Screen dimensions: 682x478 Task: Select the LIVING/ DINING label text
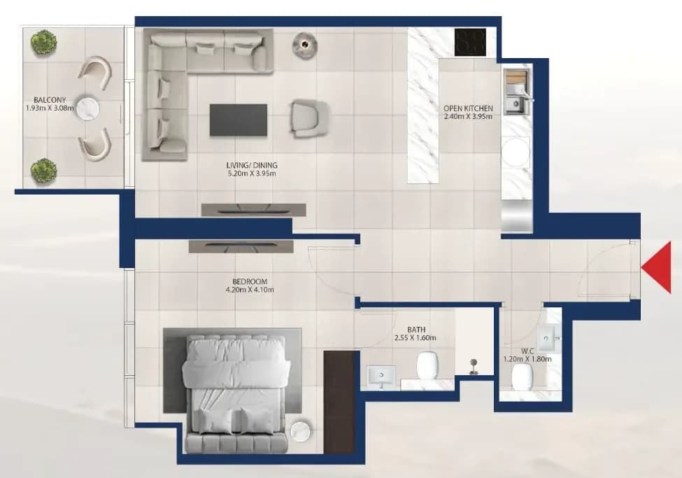[252, 165]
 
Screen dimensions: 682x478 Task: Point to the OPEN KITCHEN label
[468, 108]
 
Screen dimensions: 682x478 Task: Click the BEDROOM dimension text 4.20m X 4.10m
[247, 290]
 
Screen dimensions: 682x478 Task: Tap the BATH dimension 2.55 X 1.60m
[415, 338]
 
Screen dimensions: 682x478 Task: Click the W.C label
[527, 351]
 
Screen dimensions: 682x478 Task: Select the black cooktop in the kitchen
[470, 42]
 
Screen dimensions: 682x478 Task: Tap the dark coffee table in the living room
[239, 120]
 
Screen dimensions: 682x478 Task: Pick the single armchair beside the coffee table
[309, 119]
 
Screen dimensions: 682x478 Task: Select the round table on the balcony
[88, 108]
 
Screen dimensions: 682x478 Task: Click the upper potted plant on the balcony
[43, 42]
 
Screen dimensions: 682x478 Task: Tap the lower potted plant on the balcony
[43, 171]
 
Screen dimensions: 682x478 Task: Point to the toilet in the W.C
[523, 377]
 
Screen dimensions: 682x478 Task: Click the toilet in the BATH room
[427, 365]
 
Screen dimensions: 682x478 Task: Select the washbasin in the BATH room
[382, 376]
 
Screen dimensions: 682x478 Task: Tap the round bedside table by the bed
[301, 431]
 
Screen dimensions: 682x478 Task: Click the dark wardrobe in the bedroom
[339, 402]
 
